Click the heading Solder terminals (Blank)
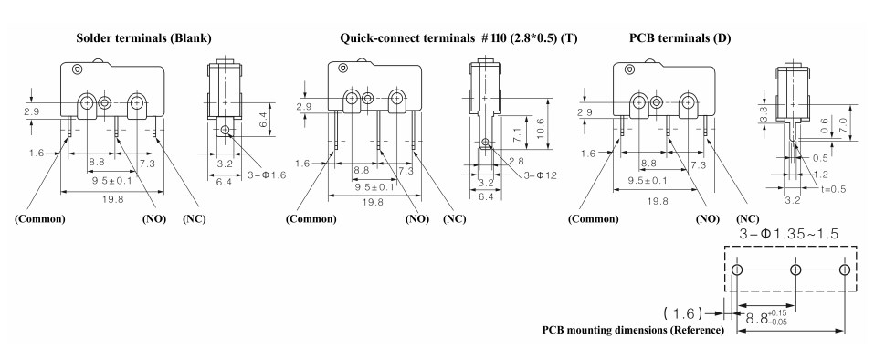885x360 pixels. coord(144,38)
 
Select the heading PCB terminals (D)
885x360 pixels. coord(680,38)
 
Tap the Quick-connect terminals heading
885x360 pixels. coord(406,38)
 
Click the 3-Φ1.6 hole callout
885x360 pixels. coord(267,175)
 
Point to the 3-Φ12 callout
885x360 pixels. coord(540,175)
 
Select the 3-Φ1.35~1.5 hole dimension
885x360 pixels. coord(788,234)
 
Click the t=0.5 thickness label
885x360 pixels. coord(832,189)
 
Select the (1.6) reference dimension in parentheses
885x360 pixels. coord(683,312)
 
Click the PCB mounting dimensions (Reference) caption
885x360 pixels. coord(633,330)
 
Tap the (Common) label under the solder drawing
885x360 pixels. coord(39,219)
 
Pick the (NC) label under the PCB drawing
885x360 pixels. coord(748,219)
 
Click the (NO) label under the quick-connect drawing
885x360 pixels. coord(417,219)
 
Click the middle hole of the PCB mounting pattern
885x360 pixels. coord(795,270)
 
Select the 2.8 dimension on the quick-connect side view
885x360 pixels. coord(516,162)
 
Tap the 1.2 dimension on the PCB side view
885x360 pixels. coord(820,175)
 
